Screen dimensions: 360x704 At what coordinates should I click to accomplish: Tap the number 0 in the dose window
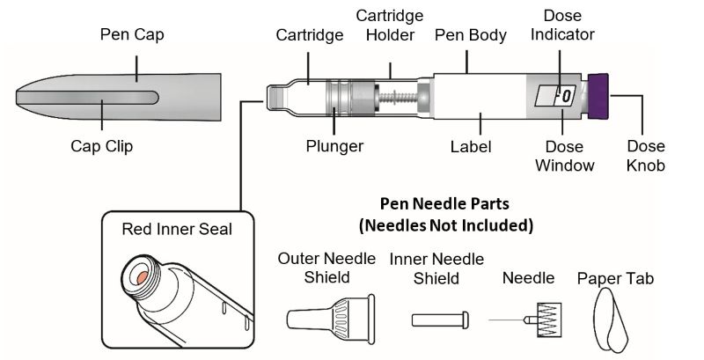click(567, 93)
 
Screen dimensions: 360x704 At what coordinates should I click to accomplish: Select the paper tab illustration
click(614, 320)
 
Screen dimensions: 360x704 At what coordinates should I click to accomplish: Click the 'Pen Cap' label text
click(131, 36)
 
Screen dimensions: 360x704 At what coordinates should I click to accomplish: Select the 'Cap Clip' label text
click(101, 147)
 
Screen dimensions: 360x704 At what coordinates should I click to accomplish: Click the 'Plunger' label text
click(335, 146)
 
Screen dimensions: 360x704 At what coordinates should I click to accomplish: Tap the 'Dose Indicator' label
click(568, 25)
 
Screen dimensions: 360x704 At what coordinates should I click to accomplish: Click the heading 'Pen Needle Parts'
click(447, 203)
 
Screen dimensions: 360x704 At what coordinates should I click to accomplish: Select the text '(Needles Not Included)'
click(446, 224)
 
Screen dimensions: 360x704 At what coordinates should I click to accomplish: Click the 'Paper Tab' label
click(615, 279)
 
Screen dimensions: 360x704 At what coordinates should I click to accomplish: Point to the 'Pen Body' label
click(471, 36)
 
